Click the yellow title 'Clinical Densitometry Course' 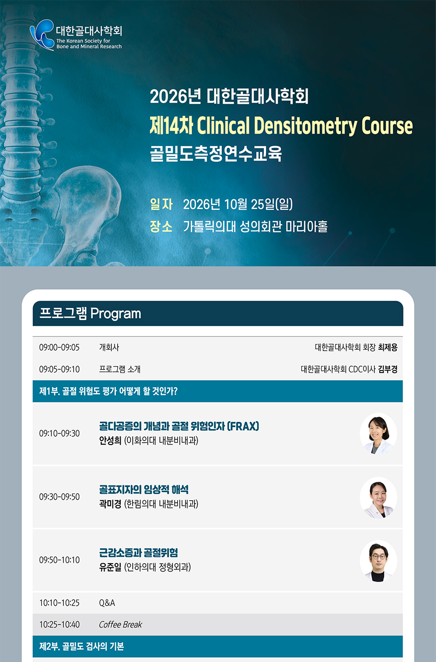click(305, 125)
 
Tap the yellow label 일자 click(161, 204)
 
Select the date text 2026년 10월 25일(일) click(238, 204)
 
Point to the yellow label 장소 click(161, 226)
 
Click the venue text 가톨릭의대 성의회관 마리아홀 click(255, 226)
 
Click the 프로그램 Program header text click(90, 313)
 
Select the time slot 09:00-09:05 click(60, 347)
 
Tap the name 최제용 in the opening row click(388, 347)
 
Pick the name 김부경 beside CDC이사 click(388, 369)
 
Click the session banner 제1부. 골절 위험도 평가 click(109, 391)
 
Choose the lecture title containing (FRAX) click(179, 426)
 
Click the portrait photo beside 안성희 click(378, 433)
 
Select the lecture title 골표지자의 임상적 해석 click(144, 490)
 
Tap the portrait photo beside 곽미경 click(378, 498)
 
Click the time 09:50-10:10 click(60, 560)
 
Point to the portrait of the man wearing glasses click(378, 561)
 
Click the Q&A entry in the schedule click(107, 603)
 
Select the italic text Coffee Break click(121, 624)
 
